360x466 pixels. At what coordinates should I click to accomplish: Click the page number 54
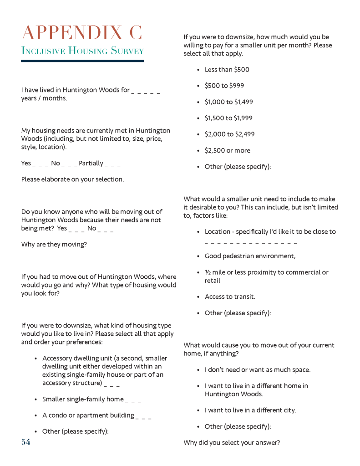tap(25, 442)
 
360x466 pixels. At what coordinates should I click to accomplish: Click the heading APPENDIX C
tap(82, 33)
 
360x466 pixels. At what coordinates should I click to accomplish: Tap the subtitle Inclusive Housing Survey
tap(82, 51)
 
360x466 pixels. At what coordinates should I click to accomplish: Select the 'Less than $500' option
tap(227, 70)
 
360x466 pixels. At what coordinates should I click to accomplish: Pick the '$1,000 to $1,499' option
tap(228, 102)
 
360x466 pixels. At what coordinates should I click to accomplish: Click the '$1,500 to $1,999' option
tap(228, 118)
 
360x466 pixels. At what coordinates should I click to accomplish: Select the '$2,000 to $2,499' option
tap(229, 134)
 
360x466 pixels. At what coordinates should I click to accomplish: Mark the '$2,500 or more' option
tap(227, 150)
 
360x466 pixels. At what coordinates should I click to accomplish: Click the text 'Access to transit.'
tap(230, 297)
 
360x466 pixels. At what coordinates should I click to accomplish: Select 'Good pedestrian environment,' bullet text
tap(250, 256)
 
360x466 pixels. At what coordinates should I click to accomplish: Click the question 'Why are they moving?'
tap(54, 244)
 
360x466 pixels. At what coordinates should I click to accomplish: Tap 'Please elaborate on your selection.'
tap(72, 179)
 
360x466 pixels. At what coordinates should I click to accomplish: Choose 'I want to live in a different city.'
tap(250, 410)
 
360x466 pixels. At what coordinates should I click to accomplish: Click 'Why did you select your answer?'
tap(232, 442)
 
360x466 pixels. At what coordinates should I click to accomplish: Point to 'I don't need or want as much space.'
tap(258, 369)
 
